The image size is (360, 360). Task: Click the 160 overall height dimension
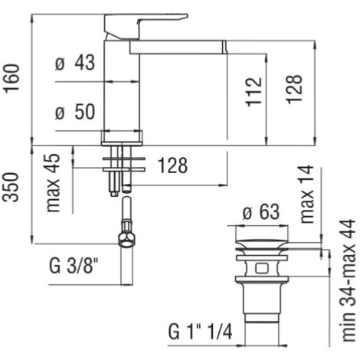12,78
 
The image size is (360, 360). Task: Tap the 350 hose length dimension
11,187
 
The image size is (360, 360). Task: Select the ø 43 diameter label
75,62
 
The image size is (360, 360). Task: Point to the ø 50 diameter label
75,112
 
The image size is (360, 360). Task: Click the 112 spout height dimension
254,91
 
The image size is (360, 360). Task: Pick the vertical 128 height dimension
294,89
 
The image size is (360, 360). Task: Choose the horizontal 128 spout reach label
172,165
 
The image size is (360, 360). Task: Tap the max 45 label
53,183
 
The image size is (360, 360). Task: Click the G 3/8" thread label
74,266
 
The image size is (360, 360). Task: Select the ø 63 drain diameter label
261,211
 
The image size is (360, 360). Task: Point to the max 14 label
306,194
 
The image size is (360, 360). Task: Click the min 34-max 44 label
348,280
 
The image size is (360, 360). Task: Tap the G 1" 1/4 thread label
201,332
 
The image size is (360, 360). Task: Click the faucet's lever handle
146,27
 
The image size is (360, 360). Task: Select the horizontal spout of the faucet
178,47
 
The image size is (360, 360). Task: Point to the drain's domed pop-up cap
262,244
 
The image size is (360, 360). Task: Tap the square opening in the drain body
262,268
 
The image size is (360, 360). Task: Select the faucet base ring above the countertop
122,138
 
